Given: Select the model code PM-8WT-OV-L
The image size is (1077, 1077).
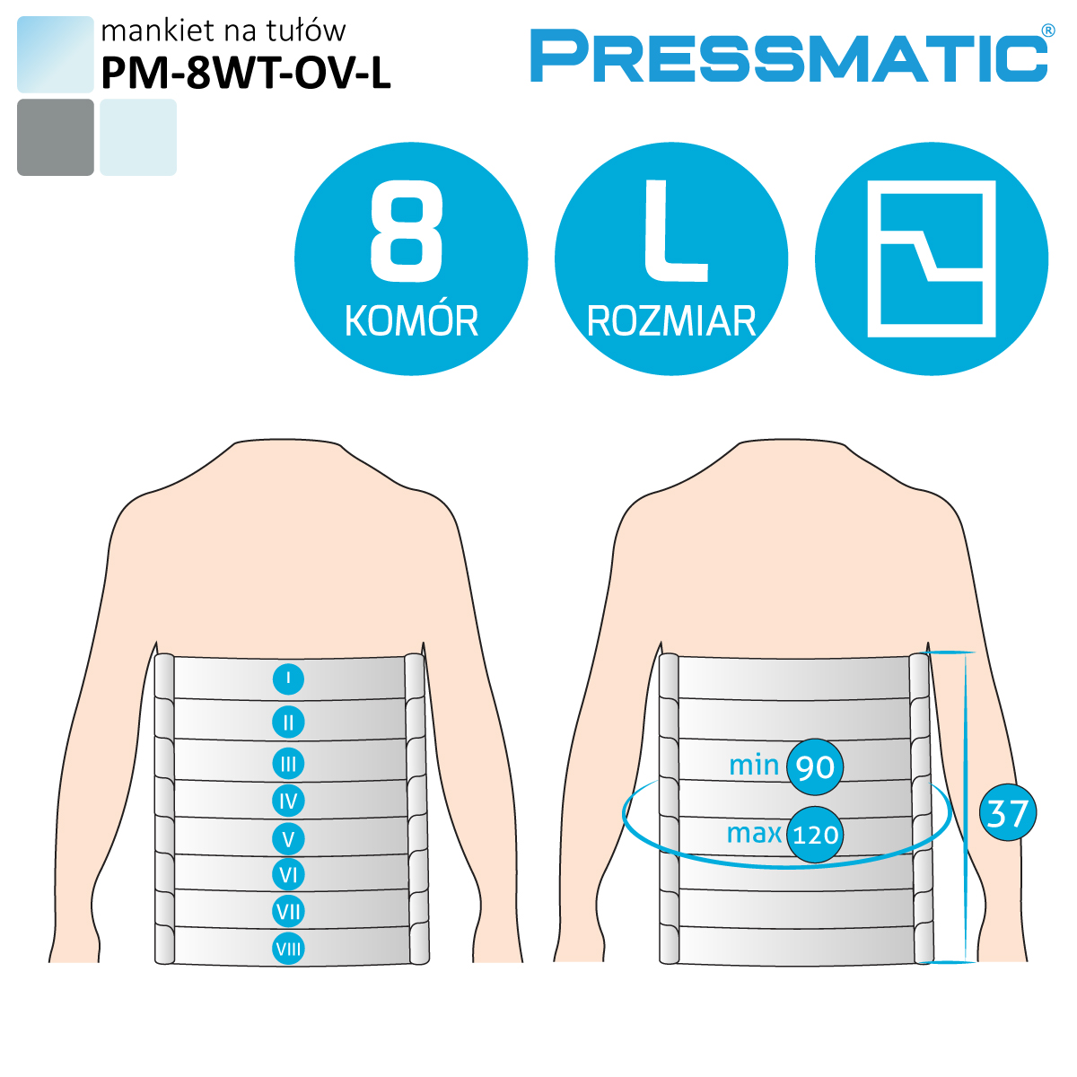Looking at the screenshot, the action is [x=246, y=73].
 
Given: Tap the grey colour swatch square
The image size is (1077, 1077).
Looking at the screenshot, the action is [x=56, y=137].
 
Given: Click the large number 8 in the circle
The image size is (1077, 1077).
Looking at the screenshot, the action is [x=407, y=232].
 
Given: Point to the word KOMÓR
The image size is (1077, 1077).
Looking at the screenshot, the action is [x=411, y=320].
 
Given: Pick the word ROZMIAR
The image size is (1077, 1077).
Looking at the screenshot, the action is [x=671, y=321].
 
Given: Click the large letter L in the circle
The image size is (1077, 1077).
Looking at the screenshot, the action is [x=676, y=231].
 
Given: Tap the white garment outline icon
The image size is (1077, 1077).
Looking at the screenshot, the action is [x=932, y=258].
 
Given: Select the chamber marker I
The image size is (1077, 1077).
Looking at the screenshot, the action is [x=288, y=679].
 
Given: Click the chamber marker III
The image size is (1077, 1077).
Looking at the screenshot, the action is [x=288, y=764].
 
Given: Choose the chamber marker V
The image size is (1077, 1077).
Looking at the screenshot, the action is [x=288, y=839].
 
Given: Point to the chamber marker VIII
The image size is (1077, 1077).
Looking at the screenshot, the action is [x=288, y=949].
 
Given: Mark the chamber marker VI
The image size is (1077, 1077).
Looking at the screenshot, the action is [x=288, y=875].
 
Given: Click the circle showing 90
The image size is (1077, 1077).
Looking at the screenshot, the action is [x=815, y=766].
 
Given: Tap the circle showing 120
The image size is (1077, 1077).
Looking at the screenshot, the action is [x=815, y=835].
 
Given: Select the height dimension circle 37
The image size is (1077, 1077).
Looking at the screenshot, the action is [x=1008, y=812].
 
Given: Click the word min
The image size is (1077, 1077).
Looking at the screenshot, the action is [x=754, y=766].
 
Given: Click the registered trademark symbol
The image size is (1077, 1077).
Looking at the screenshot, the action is [x=1048, y=31].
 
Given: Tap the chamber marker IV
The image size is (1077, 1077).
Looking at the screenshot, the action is [x=288, y=801].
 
